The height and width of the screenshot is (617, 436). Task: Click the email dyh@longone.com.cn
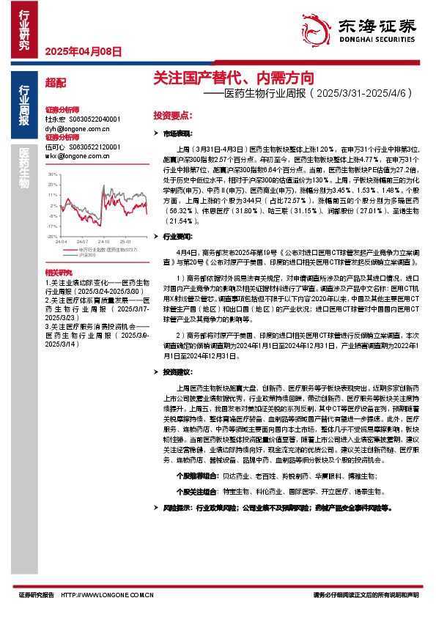click(x=72, y=128)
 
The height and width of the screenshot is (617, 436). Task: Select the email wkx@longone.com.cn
click(x=72, y=155)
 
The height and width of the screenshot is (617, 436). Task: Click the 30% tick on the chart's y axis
click(x=52, y=174)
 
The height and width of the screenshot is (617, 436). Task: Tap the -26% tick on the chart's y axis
click(x=52, y=237)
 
